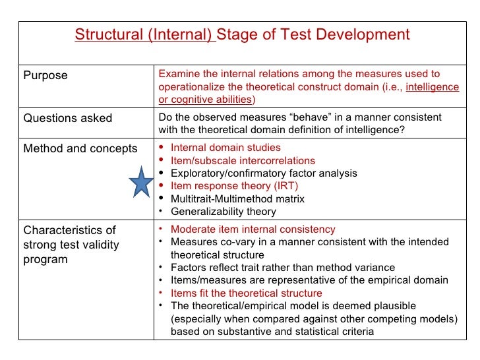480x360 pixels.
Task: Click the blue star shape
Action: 141,182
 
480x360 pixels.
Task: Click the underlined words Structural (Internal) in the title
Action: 144,35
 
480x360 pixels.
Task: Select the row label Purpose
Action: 45,76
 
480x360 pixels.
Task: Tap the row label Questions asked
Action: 68,119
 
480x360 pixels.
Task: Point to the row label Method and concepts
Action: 80,148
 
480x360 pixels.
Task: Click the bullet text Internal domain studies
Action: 225,148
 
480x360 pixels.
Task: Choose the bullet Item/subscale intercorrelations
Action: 243,160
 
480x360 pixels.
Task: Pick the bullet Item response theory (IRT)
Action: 234,186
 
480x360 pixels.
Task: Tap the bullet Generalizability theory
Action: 224,212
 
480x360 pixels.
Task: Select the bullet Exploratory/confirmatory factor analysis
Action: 264,173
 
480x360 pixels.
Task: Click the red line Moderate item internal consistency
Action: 253,229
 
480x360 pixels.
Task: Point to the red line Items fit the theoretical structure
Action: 246,293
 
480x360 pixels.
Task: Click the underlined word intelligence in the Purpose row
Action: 433,87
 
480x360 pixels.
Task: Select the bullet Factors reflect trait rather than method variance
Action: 282,268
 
